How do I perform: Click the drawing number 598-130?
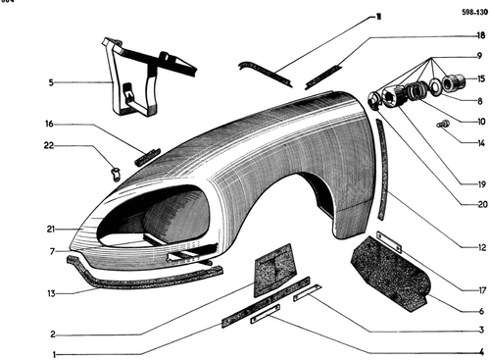pos(474,13)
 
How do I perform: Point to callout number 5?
pos(51,82)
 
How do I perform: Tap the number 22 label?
pos(49,145)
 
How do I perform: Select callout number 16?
pos(49,124)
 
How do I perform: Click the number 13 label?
pos(51,293)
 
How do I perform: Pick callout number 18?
pos(481,35)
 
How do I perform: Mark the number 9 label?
pos(479,56)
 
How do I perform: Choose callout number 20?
pos(482,204)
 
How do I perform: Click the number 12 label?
pos(482,247)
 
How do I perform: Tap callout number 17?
pos(482,289)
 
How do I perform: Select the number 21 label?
pos(51,230)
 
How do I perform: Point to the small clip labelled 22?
pos(115,174)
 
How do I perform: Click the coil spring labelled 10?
pos(416,90)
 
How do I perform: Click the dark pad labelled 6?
pos(390,275)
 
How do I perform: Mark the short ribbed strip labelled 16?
pos(147,157)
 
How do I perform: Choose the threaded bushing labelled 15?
pos(453,81)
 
